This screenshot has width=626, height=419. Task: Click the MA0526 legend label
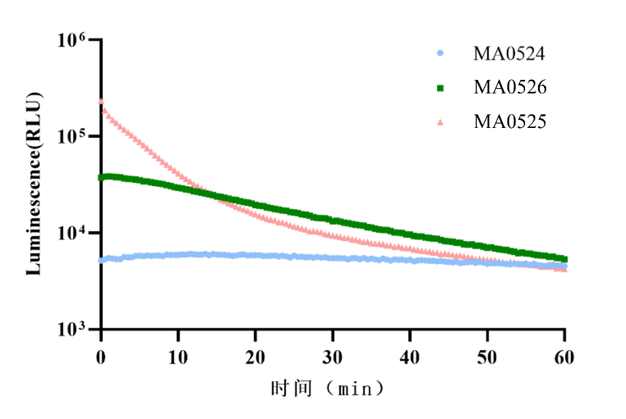(509, 87)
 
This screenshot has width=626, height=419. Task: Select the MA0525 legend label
(509, 122)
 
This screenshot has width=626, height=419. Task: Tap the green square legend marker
(440, 87)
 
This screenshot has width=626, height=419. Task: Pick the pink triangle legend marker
(440, 122)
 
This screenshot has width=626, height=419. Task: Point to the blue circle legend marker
(440, 53)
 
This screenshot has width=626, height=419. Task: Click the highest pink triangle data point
(101, 102)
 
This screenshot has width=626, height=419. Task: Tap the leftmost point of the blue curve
(101, 261)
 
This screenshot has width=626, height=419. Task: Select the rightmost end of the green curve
(565, 259)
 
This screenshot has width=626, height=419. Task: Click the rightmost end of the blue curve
(565, 266)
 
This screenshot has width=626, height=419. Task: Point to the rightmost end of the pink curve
(565, 269)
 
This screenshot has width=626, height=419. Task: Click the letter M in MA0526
(482, 87)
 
